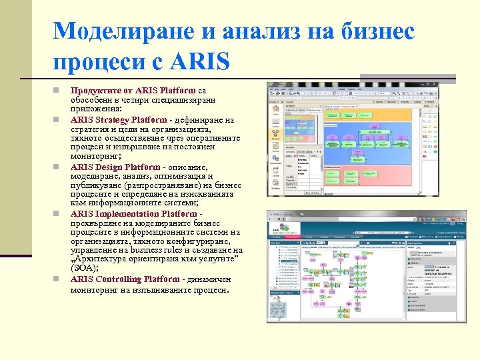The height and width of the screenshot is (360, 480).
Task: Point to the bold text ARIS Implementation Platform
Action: coord(133,213)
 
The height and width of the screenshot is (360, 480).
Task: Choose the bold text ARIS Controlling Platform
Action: coord(125,279)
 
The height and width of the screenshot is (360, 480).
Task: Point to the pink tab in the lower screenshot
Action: coord(291,236)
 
